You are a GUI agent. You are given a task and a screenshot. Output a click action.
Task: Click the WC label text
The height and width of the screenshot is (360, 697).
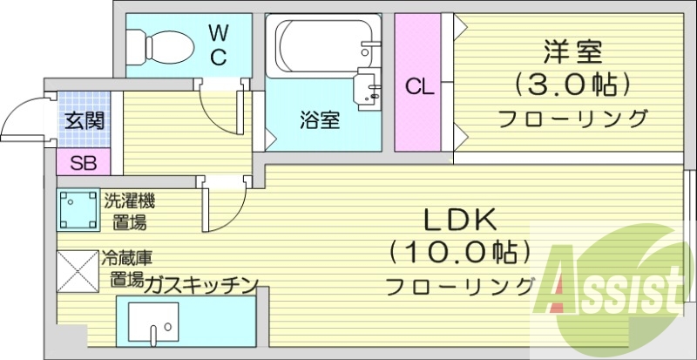pyautogui.click(x=217, y=46)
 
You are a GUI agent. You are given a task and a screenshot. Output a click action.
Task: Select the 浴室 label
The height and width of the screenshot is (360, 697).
pyautogui.click(x=320, y=120)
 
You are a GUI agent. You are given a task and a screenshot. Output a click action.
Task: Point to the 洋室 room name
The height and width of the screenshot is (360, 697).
pyautogui.click(x=573, y=52)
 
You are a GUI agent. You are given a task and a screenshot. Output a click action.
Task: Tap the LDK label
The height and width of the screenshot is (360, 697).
pyautogui.click(x=459, y=218)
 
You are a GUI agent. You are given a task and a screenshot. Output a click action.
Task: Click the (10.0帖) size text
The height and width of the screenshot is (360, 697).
pyautogui.click(x=459, y=252)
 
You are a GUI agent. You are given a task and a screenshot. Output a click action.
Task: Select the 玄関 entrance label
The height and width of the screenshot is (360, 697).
pyautogui.click(x=84, y=120)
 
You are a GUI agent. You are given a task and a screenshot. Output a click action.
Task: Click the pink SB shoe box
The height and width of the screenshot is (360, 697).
pyautogui.click(x=84, y=162)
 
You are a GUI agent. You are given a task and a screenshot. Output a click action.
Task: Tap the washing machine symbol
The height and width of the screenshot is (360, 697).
pyautogui.click(x=78, y=212)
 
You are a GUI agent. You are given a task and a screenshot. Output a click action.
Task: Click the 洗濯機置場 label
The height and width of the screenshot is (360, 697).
pyautogui.click(x=129, y=212)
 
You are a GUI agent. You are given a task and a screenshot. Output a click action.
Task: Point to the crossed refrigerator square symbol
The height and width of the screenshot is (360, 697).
pyautogui.click(x=78, y=272)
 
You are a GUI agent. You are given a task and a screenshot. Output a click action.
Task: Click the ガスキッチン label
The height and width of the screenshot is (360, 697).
pyautogui.click(x=200, y=282)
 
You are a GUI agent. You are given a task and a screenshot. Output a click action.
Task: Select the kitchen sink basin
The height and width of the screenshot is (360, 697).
pyautogui.click(x=153, y=325)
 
